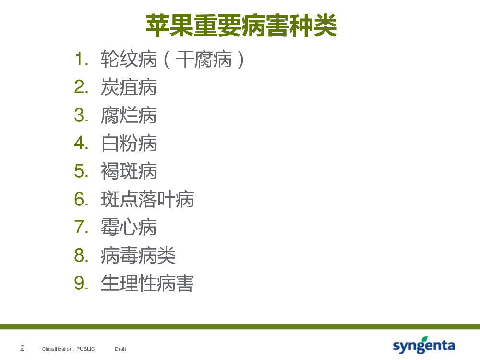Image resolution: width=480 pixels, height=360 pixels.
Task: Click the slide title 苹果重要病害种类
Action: (241, 26)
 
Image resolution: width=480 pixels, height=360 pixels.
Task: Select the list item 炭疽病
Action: (129, 87)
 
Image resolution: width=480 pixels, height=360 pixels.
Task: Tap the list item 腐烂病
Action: (129, 115)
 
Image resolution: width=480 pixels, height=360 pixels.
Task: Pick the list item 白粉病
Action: (129, 143)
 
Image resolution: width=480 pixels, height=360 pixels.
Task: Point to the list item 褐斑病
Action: (129, 171)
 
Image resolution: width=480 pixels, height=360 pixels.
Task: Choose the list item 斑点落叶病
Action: (147, 199)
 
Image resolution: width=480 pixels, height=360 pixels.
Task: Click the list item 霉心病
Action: (129, 227)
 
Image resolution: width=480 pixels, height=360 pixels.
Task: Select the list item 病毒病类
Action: (138, 255)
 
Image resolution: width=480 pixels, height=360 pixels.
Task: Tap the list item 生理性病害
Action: (147, 283)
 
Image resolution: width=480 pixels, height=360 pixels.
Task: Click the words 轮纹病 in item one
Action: (129, 59)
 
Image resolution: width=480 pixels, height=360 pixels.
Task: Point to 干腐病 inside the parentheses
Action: (204, 59)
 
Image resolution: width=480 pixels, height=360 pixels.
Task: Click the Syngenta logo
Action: (424, 345)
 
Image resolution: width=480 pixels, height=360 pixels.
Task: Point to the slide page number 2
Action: (23, 348)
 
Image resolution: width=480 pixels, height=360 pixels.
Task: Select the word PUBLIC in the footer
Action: (86, 349)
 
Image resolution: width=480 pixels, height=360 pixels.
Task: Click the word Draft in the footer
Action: (120, 349)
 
